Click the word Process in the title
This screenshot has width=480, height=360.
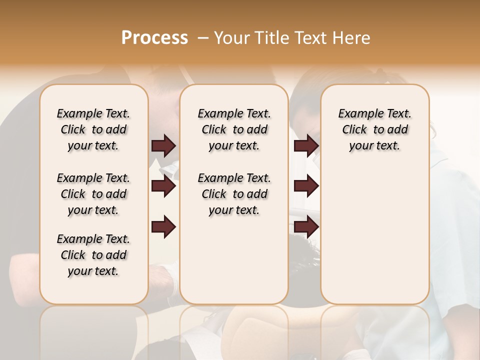[x=154, y=38]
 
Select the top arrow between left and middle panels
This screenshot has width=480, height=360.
[x=163, y=145]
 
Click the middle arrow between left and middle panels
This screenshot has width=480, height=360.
[x=163, y=186]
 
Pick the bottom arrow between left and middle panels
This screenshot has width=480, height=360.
[x=163, y=227]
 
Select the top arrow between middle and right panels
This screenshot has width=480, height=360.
[x=306, y=145]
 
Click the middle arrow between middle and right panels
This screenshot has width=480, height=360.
[x=306, y=186]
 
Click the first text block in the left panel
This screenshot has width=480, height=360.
[x=93, y=129]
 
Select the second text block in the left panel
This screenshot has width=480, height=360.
[x=93, y=194]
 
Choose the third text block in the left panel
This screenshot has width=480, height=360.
[x=93, y=255]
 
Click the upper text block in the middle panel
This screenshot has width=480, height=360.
[x=234, y=129]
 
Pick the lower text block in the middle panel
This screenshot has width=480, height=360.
[x=234, y=194]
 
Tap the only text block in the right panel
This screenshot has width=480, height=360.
[x=375, y=129]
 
